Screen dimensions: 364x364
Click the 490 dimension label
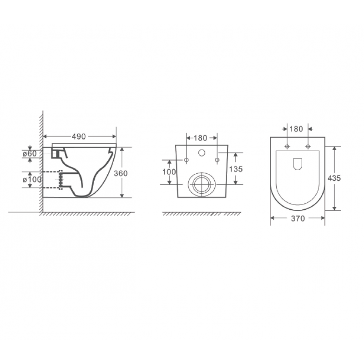(79, 137)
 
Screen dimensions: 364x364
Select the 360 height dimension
(121, 173)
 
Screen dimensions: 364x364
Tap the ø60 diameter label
(30, 154)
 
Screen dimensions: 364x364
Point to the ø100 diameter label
(32, 179)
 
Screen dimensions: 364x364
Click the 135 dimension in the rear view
(236, 169)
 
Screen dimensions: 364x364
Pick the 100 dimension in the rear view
(169, 172)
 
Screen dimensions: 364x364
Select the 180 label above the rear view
(200, 138)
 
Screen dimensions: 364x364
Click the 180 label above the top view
(296, 129)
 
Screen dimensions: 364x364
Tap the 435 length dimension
(334, 178)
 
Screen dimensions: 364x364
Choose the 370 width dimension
(298, 218)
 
